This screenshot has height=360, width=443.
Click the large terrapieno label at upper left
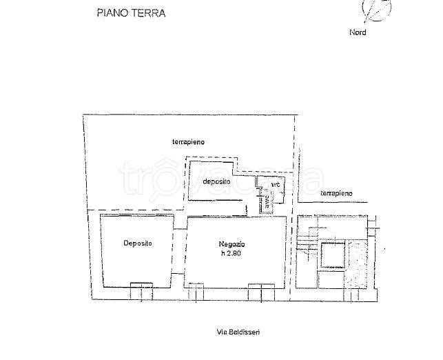(188, 141)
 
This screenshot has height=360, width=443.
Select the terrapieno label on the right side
(337, 194)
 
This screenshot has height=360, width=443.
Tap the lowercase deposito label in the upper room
(216, 181)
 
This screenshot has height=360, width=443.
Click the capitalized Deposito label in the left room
(138, 243)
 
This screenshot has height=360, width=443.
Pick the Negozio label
(231, 244)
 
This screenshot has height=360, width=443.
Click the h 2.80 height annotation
(232, 254)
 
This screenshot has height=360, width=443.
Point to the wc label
(276, 185)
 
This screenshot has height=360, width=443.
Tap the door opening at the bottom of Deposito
(141, 285)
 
